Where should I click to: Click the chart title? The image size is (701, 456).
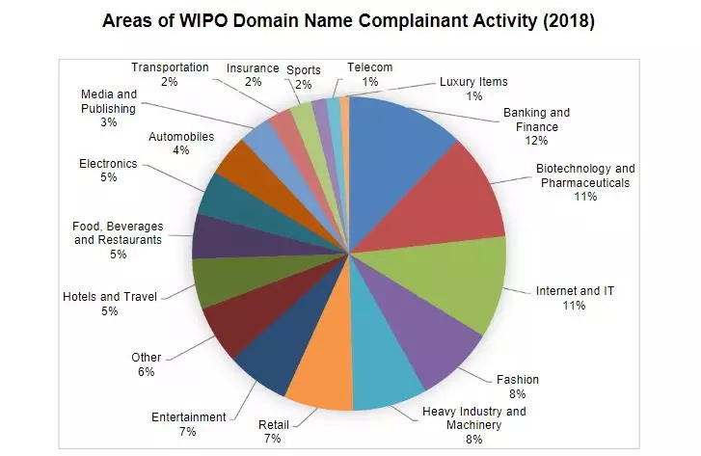(349, 20)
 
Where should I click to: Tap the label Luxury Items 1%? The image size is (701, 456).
(472, 89)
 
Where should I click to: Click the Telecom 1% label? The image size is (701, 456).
(369, 76)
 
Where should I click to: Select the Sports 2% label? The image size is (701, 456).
(304, 77)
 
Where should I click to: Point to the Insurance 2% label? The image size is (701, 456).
(253, 75)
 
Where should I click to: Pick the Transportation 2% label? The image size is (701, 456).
(170, 74)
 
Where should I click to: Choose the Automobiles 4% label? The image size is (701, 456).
(181, 144)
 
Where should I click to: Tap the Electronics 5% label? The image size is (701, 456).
(108, 171)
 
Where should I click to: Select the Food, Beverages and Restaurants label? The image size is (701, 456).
(118, 240)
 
